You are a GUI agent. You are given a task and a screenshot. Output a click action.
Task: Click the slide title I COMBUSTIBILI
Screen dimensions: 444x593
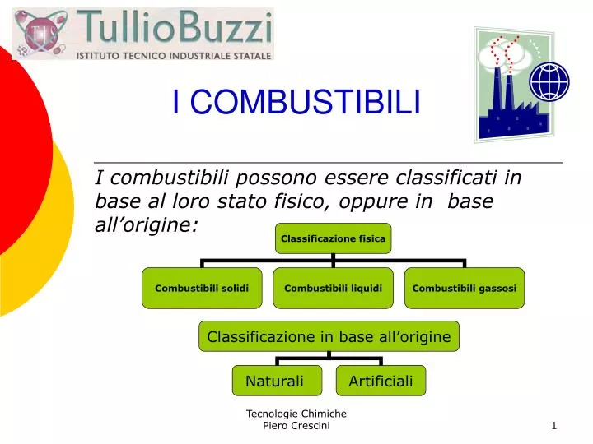click(x=296, y=103)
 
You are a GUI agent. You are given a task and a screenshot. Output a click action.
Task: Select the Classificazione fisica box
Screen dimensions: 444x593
click(x=333, y=238)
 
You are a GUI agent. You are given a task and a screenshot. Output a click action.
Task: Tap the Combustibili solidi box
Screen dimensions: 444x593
click(x=202, y=288)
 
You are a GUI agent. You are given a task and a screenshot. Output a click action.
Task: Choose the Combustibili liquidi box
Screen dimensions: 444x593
click(x=333, y=288)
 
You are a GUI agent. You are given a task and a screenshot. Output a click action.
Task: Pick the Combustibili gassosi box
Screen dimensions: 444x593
click(x=464, y=288)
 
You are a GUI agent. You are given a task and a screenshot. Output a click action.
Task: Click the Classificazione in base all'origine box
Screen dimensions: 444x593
click(x=329, y=336)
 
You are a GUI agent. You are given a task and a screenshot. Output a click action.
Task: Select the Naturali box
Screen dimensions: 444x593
click(x=274, y=381)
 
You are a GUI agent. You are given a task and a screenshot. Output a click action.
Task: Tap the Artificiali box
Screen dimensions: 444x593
click(x=381, y=381)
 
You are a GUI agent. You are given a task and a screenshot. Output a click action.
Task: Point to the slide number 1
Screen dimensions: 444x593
click(x=554, y=425)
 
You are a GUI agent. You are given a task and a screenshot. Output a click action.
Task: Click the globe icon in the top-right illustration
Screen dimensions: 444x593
click(x=549, y=81)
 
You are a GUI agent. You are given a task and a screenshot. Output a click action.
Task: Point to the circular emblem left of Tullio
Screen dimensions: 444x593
click(x=40, y=33)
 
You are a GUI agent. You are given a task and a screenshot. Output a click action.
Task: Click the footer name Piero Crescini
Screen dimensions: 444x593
click(x=296, y=425)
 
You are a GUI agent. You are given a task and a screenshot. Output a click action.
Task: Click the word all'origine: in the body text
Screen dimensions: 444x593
click(x=147, y=224)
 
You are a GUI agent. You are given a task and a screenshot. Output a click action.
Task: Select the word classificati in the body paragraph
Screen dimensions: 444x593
click(x=440, y=177)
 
